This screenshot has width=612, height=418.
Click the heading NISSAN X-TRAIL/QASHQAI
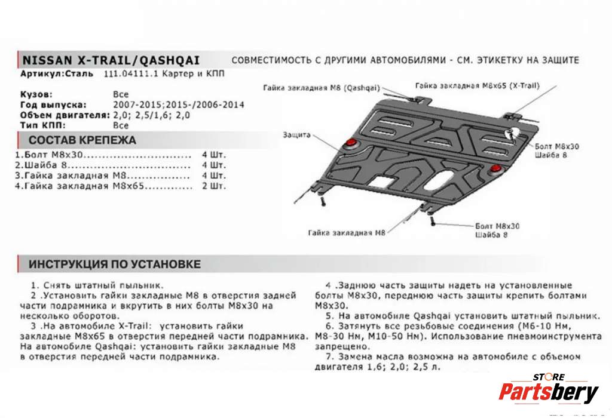[x=111, y=60]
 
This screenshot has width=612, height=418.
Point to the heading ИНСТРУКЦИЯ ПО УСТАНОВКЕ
[x=115, y=264]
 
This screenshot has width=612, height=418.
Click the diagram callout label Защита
[x=296, y=135]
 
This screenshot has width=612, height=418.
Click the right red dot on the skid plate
[x=495, y=171]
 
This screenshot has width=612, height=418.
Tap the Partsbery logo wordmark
[x=548, y=392]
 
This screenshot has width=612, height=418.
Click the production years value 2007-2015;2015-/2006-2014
[x=178, y=105]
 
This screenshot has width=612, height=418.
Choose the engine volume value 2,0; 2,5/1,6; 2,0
[x=151, y=115]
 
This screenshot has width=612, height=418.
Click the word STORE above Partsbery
[x=548, y=377]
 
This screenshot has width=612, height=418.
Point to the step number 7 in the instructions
[x=328, y=356]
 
